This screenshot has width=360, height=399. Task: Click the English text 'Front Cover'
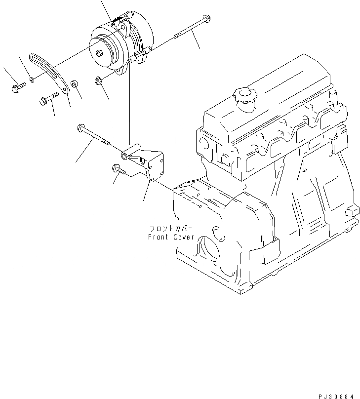pos(171,237)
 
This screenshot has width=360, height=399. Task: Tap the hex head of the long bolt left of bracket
pos(80,129)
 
